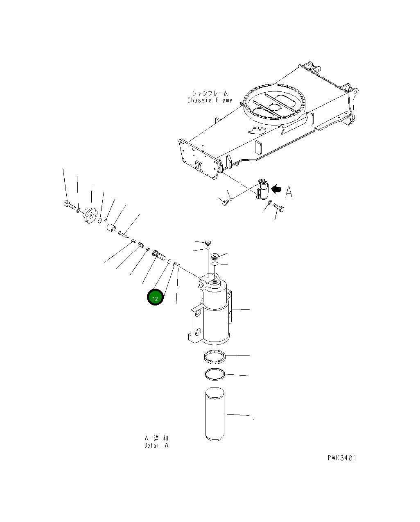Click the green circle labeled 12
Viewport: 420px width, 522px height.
[155, 298]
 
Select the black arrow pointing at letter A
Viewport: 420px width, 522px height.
[277, 189]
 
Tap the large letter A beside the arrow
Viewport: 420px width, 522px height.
[289, 191]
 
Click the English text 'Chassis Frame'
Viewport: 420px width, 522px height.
[210, 100]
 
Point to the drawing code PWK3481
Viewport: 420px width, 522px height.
[342, 458]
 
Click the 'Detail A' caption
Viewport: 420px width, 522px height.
[156, 446]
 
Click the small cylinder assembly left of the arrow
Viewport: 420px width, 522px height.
[262, 190]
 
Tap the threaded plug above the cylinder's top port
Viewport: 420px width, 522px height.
[215, 257]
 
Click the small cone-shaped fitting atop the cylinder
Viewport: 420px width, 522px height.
[208, 242]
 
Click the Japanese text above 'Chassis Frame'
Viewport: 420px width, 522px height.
[210, 93]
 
